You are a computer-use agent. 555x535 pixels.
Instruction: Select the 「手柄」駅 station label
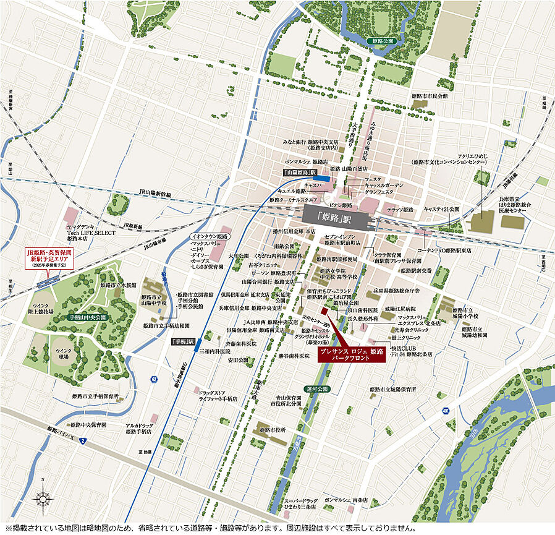coord(183,341)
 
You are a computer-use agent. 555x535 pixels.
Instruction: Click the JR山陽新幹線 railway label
coord(156,194)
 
